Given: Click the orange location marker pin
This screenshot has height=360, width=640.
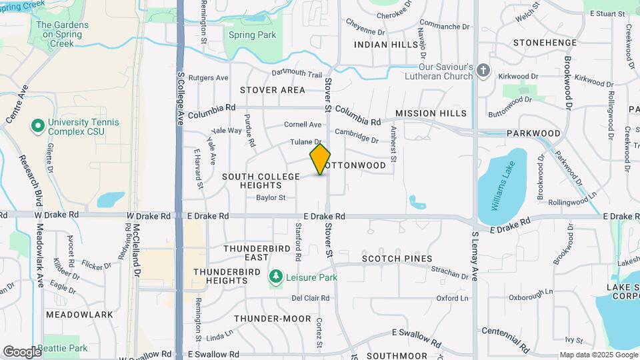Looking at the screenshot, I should click(320, 159).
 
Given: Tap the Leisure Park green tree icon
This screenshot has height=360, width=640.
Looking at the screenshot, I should click(275, 277).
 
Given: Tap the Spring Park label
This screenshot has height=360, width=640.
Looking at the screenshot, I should click(243, 34).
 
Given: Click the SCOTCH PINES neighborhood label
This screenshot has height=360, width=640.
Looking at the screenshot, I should click(397, 259).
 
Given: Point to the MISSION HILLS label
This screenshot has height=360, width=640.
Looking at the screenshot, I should click(431, 114).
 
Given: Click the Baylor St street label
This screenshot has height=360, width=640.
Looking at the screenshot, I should click(271, 197).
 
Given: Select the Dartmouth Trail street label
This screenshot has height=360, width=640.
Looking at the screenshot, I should click(297, 74).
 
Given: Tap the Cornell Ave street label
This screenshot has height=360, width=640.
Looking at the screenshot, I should click(303, 125).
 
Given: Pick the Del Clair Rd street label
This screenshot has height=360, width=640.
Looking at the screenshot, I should click(311, 298).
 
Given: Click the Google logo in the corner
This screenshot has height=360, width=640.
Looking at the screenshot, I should click(22, 351).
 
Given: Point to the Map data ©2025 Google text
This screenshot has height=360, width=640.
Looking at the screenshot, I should click(598, 355).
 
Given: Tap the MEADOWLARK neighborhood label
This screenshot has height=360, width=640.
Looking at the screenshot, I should click(70, 314).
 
